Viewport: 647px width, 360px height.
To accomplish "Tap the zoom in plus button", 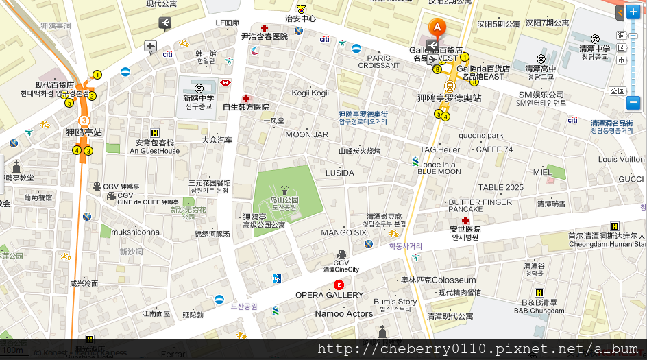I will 633,12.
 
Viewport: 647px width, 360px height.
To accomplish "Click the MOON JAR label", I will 306,134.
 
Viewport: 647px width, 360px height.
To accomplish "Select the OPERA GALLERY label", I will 329,295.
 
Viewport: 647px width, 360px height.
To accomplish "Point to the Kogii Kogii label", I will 310,93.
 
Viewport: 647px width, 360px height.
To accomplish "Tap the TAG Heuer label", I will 440,149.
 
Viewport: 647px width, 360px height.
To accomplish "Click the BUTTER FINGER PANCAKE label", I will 480,206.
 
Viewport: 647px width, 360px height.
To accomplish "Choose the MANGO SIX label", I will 344,232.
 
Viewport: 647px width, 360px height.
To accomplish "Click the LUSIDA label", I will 340,173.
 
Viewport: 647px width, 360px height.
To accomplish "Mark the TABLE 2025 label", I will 500,187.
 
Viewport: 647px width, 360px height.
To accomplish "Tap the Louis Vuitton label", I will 622,160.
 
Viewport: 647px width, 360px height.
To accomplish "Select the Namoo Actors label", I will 344,314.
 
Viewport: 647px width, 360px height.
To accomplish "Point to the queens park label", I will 481,135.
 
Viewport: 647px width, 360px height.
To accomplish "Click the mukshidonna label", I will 136,232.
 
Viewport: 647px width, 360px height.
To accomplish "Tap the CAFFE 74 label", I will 494,149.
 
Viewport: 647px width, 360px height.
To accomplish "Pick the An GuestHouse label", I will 154,151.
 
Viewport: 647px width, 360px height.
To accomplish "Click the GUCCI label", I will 631,179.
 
